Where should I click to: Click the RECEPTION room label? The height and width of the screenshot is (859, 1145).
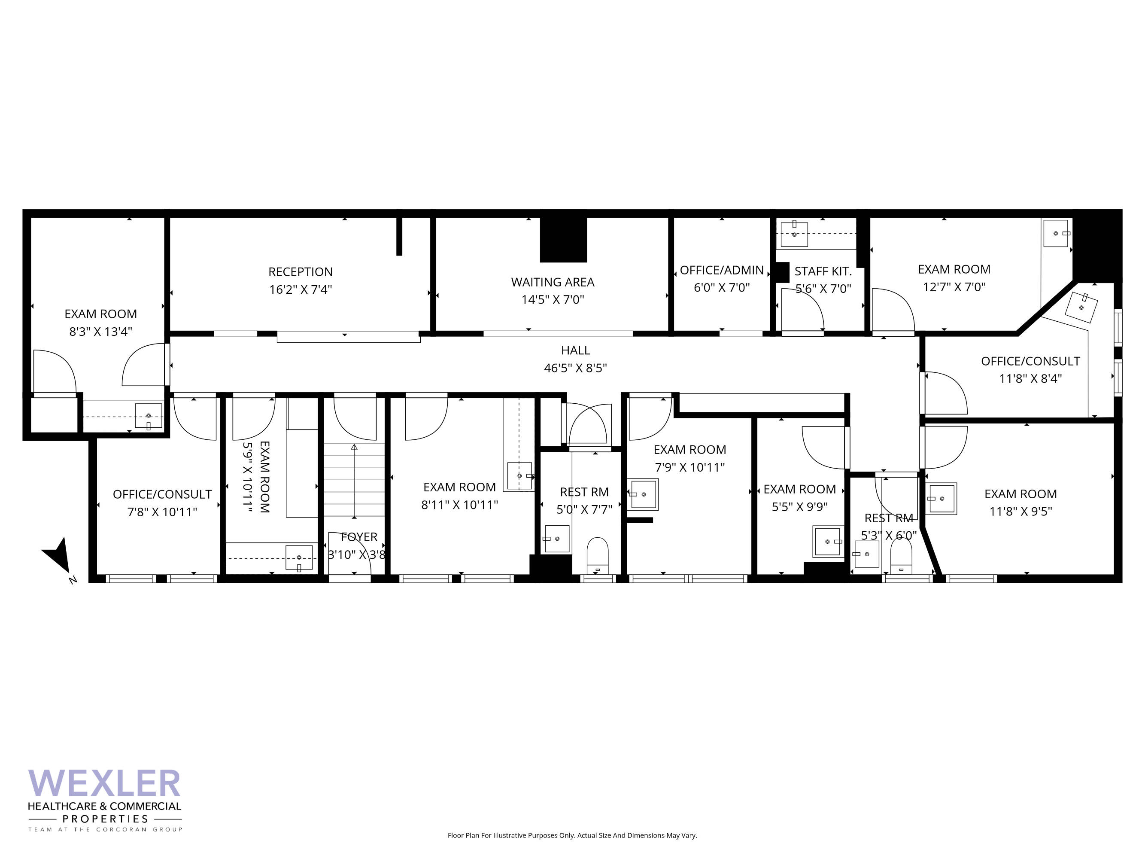300,272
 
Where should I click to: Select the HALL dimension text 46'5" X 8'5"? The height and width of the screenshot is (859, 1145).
575,368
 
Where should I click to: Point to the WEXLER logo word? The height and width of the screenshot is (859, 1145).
104,783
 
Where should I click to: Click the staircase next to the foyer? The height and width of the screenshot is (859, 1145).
354,480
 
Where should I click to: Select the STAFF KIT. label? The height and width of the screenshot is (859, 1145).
823,271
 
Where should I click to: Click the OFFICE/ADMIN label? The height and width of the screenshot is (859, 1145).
722,270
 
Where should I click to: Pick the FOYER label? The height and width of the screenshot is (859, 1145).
359,537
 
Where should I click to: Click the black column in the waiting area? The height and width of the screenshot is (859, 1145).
563,240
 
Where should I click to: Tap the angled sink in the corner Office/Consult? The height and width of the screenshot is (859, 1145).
1081,307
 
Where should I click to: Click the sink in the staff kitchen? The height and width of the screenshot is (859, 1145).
794,234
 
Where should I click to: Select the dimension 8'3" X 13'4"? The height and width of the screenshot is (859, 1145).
101,332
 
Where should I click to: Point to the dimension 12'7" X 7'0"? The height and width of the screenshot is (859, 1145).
954,287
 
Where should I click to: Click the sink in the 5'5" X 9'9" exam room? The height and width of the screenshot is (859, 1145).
828,542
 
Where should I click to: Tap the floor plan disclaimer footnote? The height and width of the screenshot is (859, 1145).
572,835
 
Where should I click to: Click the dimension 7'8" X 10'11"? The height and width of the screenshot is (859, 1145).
162,512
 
